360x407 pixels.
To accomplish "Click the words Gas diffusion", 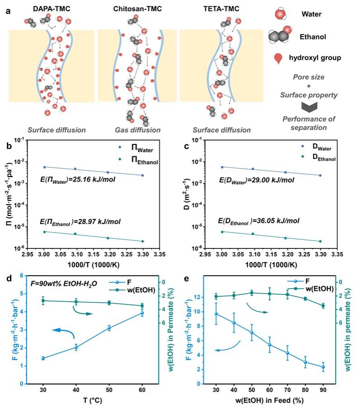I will (x=137, y=131).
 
